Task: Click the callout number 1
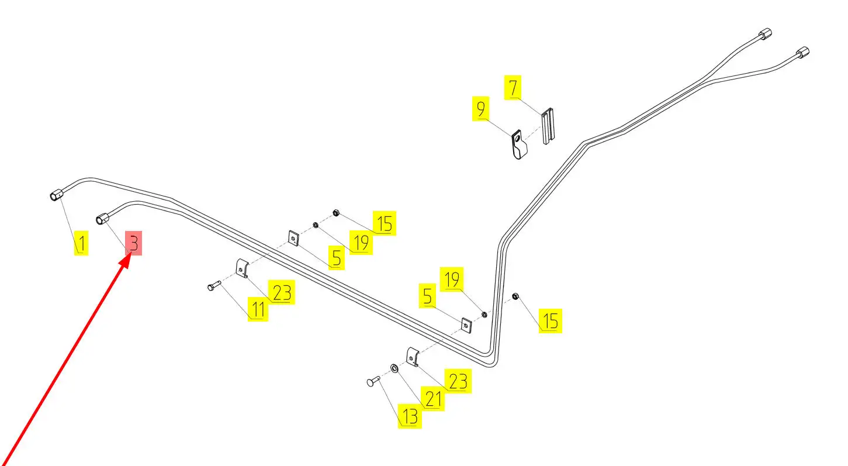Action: (x=81, y=244)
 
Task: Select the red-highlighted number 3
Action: (x=133, y=243)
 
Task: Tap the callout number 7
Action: (x=513, y=88)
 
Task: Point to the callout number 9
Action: (x=480, y=110)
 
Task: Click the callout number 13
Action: (x=410, y=416)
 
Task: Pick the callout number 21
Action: (x=433, y=399)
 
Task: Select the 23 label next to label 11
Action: (x=281, y=292)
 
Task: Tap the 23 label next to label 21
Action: (x=457, y=381)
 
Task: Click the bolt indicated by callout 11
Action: (x=213, y=286)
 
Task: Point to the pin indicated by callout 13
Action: (x=373, y=382)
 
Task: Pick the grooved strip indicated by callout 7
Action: (x=548, y=126)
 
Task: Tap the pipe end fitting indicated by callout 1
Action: (x=56, y=196)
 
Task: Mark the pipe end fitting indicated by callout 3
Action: (x=103, y=218)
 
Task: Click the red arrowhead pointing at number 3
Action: (x=124, y=263)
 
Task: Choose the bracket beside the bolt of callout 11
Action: (x=242, y=268)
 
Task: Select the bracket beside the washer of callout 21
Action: (x=413, y=357)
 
